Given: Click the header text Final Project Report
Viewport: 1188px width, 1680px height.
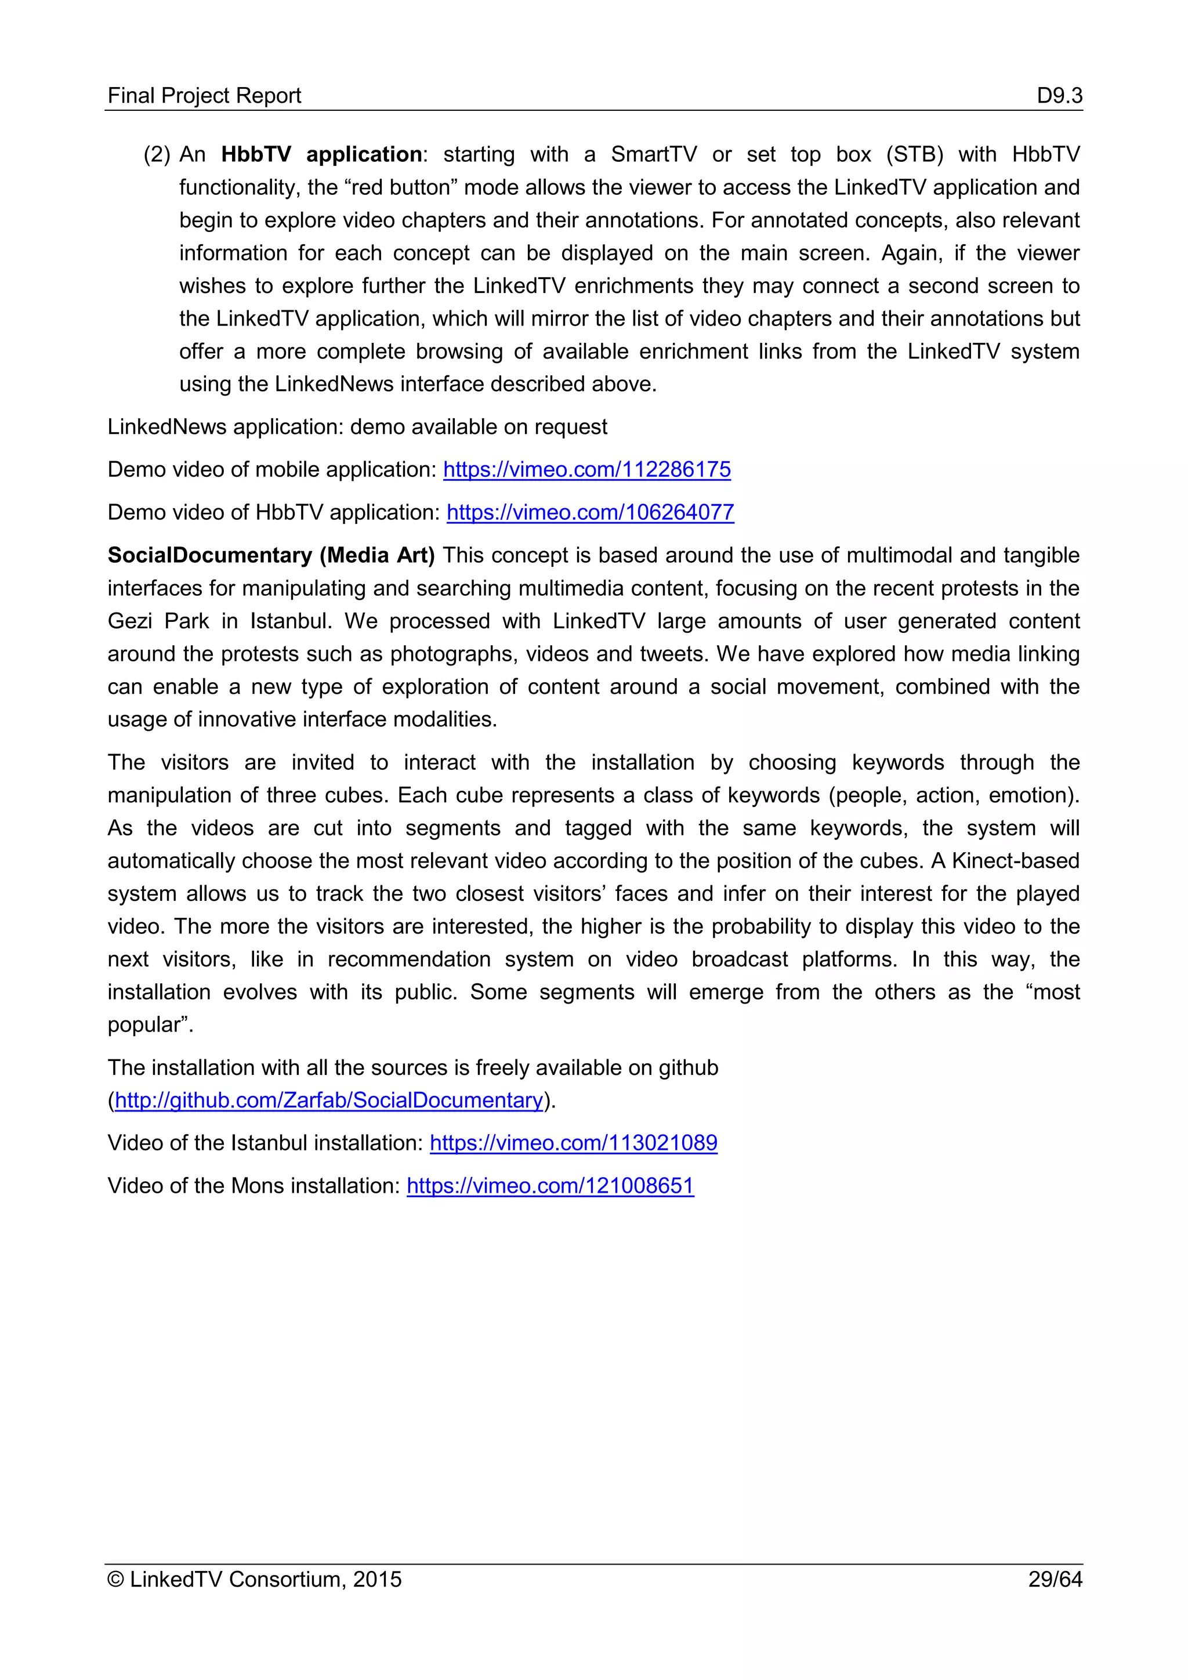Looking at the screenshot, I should pyautogui.click(x=204, y=96).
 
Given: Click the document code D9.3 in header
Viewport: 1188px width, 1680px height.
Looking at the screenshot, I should pyautogui.click(x=1059, y=96).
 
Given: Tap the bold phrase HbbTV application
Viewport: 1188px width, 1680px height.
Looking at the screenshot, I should pyautogui.click(x=321, y=154).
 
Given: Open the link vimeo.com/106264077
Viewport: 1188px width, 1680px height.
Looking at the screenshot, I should pyautogui.click(x=591, y=512).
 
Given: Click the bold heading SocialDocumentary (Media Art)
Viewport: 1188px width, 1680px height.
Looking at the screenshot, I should pyautogui.click(x=271, y=555).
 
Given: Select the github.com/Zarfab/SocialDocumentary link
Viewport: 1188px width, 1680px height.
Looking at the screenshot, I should pyautogui.click(x=328, y=1100).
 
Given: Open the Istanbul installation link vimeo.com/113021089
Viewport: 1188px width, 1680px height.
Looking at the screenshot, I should pyautogui.click(x=574, y=1143).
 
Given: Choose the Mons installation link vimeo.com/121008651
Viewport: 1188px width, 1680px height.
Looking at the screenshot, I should pyautogui.click(x=550, y=1185).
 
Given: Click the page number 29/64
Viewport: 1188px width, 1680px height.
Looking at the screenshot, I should pyautogui.click(x=1054, y=1579).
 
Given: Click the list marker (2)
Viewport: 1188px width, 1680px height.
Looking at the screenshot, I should pyautogui.click(x=157, y=154).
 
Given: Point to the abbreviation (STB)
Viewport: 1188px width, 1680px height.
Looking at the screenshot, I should pyautogui.click(x=914, y=154).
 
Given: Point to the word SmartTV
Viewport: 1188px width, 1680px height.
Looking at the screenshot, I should pyautogui.click(x=653, y=154).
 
